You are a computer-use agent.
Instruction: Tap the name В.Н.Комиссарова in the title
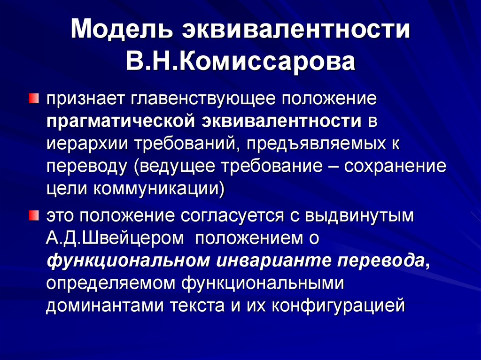[x=240, y=62]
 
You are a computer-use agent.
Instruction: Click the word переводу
[x=87, y=167]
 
